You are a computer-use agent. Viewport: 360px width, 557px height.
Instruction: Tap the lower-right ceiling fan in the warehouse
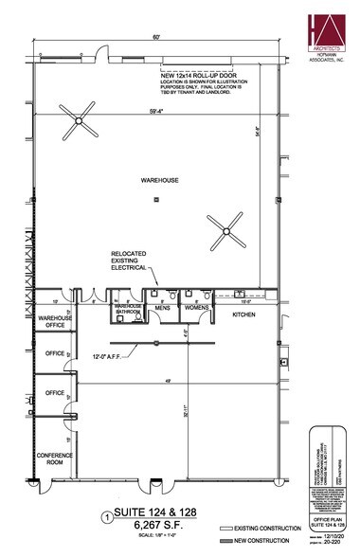[x=223, y=227]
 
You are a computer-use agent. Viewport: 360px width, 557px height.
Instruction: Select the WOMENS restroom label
[x=196, y=308]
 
